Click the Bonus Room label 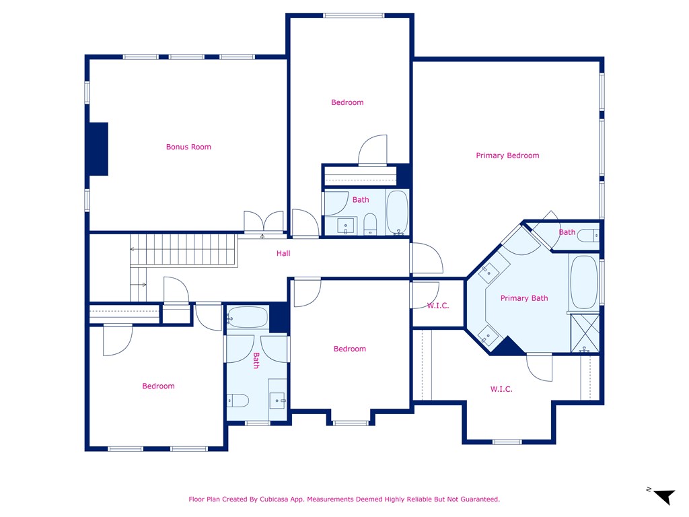pos(188,147)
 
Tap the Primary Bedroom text pos(507,156)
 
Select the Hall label pos(283,253)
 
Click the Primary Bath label pos(524,298)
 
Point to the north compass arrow pos(664,496)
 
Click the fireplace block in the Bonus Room pos(99,149)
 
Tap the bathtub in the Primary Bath pos(584,283)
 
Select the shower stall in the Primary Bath pos(585,333)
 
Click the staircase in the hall pos(184,250)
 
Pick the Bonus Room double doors pos(264,221)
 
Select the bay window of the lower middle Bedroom pos(350,423)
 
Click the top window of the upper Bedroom pos(354,16)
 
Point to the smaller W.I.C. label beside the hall pos(438,306)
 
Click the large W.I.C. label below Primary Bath pos(501,389)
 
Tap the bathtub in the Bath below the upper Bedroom pos(397,212)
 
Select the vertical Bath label pos(256,361)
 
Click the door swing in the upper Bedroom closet pos(373,150)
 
